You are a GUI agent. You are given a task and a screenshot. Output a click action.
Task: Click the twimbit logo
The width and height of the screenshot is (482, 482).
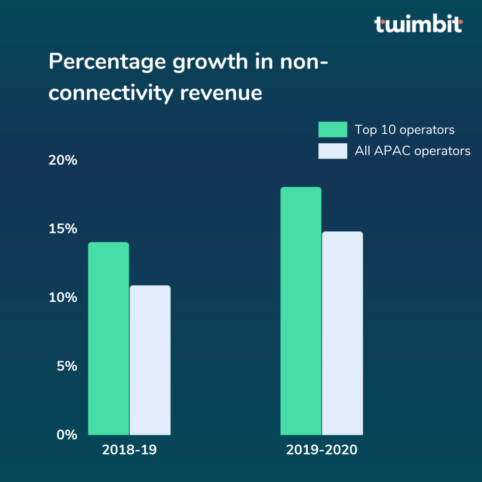418,24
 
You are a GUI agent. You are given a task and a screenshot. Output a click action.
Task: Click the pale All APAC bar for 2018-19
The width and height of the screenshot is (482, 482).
150,360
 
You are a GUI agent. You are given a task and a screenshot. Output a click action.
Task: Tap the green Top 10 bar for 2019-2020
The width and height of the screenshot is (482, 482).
301,311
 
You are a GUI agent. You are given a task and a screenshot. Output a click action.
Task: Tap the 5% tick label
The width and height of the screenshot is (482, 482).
67,366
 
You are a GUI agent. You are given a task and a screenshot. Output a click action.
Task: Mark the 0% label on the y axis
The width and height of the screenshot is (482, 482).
67,434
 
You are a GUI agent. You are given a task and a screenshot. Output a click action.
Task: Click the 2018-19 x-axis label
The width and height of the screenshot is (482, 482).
129,450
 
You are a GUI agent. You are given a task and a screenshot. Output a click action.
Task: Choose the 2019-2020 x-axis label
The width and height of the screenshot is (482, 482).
322,450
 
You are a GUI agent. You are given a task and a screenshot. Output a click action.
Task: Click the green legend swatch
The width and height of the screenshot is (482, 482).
333,129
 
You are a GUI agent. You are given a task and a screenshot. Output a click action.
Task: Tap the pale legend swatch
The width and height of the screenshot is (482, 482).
333,151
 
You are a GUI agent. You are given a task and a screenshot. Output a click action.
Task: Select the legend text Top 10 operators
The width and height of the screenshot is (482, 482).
404,129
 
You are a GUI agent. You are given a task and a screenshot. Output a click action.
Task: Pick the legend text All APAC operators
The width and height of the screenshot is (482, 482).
412,151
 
